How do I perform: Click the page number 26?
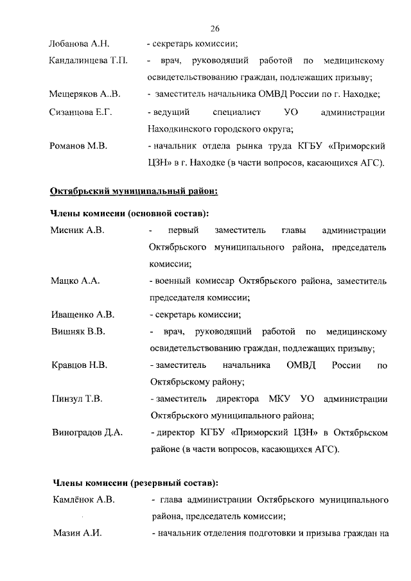coord(215,28)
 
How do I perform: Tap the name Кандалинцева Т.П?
coord(89,62)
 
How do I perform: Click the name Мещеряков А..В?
coord(85,95)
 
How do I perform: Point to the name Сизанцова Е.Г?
coord(81,113)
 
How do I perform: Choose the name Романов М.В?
coord(78,146)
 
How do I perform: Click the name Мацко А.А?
coord(74,281)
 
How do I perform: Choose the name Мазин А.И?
coord(76,533)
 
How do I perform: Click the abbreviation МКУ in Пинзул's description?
coord(279,399)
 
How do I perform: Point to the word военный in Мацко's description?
coord(171,281)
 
